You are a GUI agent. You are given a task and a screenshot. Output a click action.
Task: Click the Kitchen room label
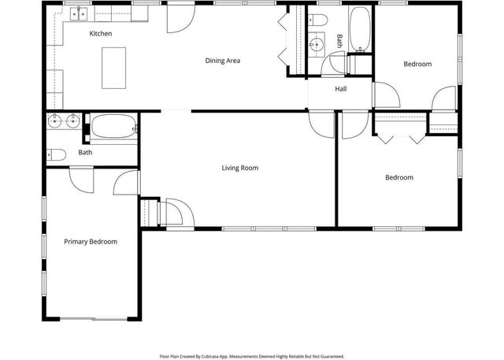coord(100,34)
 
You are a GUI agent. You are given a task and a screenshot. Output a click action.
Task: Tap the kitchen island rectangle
coord(113,68)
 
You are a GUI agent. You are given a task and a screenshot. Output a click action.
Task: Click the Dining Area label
coord(222,61)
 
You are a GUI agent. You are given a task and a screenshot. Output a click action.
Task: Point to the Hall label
coord(340,88)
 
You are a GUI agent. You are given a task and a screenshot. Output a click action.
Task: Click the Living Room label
coord(239,168)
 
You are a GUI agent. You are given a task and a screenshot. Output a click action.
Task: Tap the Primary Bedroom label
coord(91,242)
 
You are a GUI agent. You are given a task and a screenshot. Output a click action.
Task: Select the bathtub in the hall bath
coord(361,29)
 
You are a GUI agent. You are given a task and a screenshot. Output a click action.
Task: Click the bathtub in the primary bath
coord(113,126)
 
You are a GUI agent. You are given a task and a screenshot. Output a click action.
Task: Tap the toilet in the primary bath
coord(54,154)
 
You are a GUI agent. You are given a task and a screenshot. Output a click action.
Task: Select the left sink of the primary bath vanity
coord(54,121)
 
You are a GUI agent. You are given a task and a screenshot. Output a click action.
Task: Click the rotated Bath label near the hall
coord(340,41)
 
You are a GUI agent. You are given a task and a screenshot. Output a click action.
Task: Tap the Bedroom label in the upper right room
coord(417,64)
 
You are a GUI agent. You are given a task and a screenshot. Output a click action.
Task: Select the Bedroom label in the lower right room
coord(398,177)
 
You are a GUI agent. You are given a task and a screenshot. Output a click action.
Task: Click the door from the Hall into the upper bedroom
coord(384,96)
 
